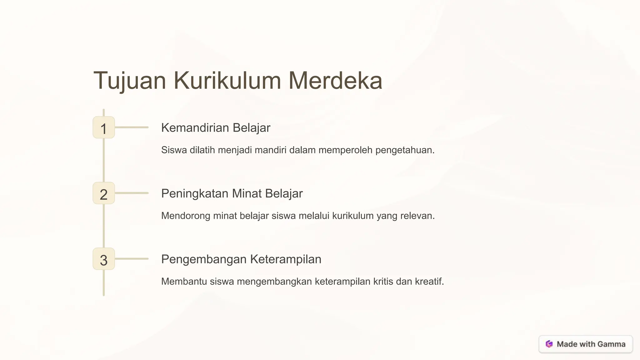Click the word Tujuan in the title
point(130,81)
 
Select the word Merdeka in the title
point(335,81)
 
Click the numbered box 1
point(104,127)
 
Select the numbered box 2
point(104,193)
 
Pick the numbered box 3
point(104,259)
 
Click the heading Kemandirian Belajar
point(216,128)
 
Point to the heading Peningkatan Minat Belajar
point(232,193)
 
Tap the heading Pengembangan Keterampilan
point(241,259)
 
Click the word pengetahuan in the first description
point(404,150)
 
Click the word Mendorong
point(186,216)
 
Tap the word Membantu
point(184,282)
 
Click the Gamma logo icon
point(549,344)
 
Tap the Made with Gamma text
point(591,344)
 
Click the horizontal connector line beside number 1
point(132,127)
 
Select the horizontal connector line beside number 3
point(132,259)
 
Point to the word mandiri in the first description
point(271,150)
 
